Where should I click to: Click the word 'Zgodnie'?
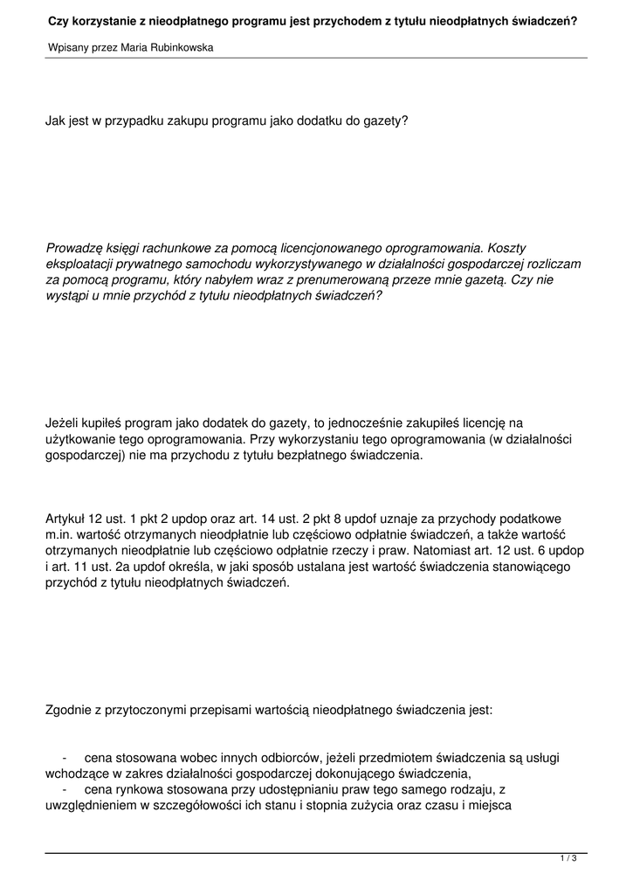tap(67, 711)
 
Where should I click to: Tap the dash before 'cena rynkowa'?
tap(65, 789)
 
